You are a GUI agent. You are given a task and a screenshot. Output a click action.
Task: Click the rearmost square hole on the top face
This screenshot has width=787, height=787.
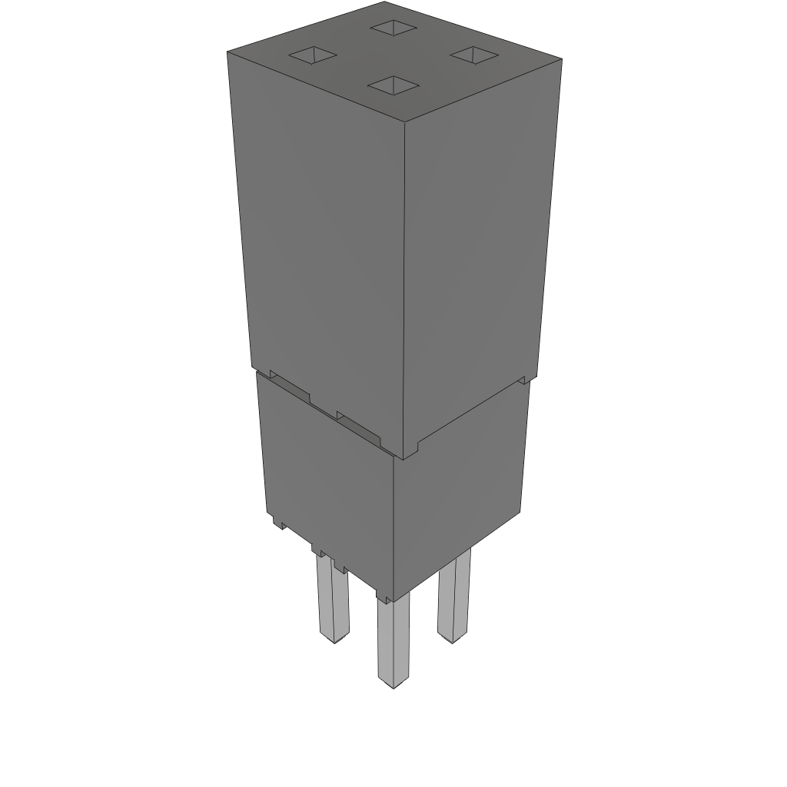pos(393,28)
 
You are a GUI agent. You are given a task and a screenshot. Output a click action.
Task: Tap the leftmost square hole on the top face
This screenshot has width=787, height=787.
pos(313,55)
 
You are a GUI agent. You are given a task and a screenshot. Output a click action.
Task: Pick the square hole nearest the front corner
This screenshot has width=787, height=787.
pos(393,85)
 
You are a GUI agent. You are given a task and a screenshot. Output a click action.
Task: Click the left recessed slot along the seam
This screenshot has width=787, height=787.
pos(290,387)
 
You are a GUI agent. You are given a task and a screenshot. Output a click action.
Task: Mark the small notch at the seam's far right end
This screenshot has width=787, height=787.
pos(524,379)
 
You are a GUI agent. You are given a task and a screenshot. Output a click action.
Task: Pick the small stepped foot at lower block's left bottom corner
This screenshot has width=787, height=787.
pos(279,522)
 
